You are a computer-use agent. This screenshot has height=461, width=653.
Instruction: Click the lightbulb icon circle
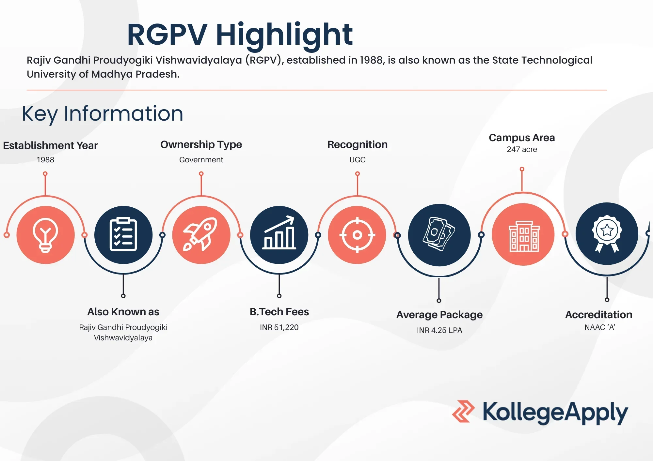(x=45, y=235)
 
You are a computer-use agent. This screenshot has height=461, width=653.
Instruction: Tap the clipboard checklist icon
(x=123, y=235)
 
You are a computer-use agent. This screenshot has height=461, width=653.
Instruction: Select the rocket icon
(x=201, y=235)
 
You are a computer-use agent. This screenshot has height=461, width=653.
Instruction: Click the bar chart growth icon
(x=279, y=235)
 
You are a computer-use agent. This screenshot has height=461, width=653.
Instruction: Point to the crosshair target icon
(x=357, y=235)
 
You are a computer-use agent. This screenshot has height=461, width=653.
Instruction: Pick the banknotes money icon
(x=439, y=235)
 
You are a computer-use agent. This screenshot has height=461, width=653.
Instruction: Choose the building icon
(x=523, y=235)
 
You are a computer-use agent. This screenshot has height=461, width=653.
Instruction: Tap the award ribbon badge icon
(x=607, y=233)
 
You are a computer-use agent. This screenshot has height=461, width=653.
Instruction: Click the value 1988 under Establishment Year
(x=45, y=160)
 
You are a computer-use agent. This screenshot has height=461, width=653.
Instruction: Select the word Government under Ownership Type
(x=201, y=160)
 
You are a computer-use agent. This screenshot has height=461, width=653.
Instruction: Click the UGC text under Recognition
(x=357, y=160)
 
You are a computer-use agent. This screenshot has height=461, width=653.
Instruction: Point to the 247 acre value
(x=522, y=149)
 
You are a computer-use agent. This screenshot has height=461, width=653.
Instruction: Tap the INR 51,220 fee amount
(x=279, y=327)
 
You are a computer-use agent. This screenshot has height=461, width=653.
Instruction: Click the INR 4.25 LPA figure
(x=439, y=330)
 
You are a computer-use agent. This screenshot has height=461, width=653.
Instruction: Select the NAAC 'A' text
(x=599, y=327)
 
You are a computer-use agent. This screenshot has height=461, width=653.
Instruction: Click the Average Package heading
(x=439, y=315)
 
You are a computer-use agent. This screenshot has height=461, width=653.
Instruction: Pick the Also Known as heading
(x=123, y=312)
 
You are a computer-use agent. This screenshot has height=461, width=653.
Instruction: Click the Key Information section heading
(x=103, y=113)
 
